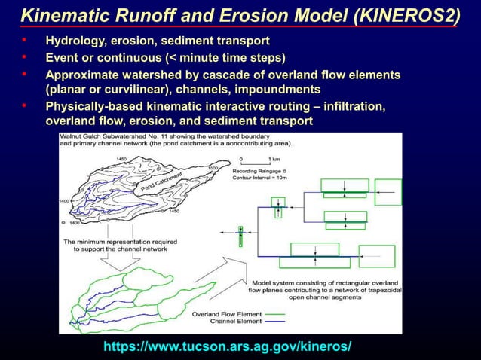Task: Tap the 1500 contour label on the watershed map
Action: pyautogui.click(x=213, y=169)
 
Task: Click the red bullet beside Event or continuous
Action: pyautogui.click(x=24, y=56)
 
